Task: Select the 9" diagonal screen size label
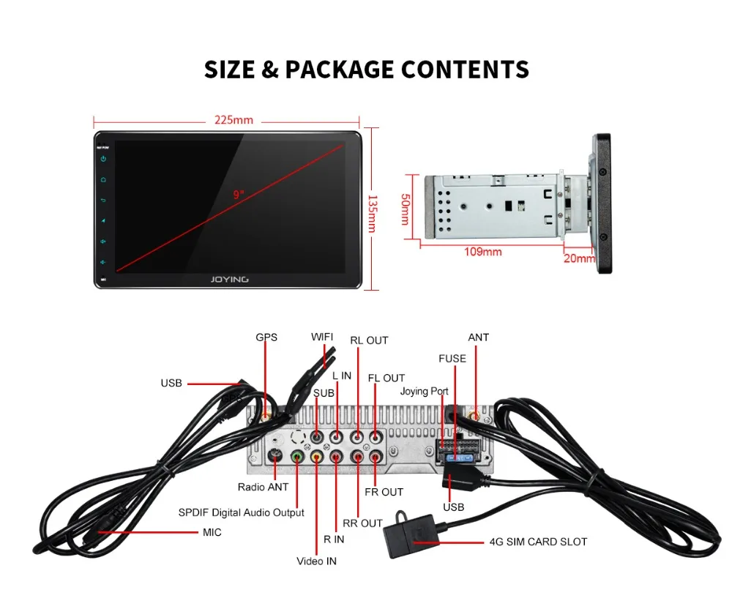(x=239, y=195)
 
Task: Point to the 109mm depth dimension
(x=483, y=252)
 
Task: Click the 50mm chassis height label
(x=406, y=209)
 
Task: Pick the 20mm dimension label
(x=580, y=258)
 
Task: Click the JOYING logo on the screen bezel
(x=229, y=279)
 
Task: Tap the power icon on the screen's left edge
(x=103, y=159)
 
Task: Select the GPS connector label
(x=266, y=337)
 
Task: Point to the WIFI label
(x=322, y=337)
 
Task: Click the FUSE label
(x=452, y=359)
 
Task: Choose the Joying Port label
(x=424, y=392)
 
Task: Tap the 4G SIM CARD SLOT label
(x=538, y=542)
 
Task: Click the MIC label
(x=212, y=532)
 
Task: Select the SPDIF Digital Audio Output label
(x=242, y=512)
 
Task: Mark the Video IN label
(x=316, y=561)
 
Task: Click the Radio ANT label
(x=263, y=487)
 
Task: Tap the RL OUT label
(x=369, y=340)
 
